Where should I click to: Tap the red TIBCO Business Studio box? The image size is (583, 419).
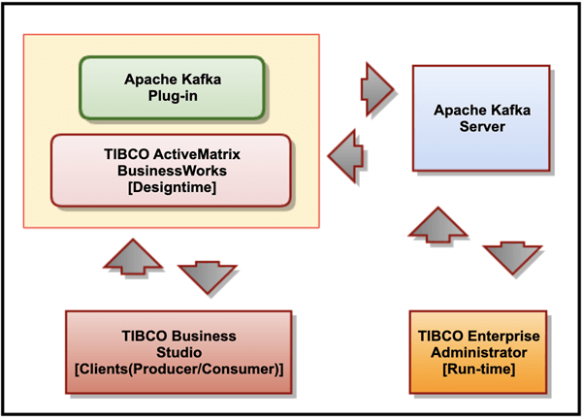[x=178, y=351]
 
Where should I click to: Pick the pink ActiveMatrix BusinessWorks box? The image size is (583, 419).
[x=170, y=170]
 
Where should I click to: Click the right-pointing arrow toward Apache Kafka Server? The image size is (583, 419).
[x=377, y=84]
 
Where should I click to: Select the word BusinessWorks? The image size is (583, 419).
[x=170, y=169]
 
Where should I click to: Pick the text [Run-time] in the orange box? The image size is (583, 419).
[x=479, y=368]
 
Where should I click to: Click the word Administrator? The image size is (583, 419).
[x=479, y=350]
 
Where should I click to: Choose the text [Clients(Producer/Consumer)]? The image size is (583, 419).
[x=178, y=369]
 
